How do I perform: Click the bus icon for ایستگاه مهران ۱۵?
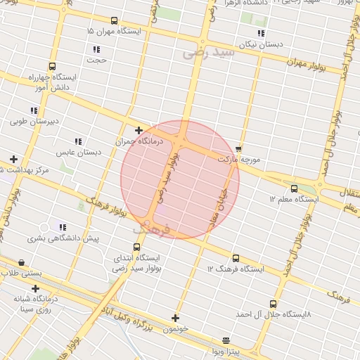[115, 20]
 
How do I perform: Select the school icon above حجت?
[96, 49]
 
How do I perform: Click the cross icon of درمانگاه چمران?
[139, 130]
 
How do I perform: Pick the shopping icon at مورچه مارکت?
[239, 148]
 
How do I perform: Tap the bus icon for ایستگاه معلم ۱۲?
[294, 188]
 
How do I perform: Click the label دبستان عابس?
[79, 152]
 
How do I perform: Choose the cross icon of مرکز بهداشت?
[13, 159]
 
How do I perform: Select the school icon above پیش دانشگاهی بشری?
[63, 227]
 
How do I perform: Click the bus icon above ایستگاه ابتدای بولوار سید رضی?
[136, 247]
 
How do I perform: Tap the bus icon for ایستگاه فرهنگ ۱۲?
[235, 258]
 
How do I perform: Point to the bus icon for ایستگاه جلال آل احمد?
[283, 304]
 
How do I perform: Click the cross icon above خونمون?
[175, 318]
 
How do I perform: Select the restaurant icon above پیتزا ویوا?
[226, 340]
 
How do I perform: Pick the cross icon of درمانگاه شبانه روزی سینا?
[35, 288]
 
